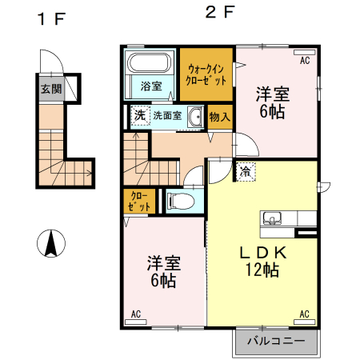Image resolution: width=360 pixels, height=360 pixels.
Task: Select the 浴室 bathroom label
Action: click(x=151, y=86)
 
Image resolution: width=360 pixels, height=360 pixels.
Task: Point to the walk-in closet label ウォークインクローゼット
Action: click(x=206, y=75)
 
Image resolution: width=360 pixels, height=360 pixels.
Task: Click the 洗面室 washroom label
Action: click(x=167, y=115)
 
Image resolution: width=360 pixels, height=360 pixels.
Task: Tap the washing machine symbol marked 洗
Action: click(x=139, y=115)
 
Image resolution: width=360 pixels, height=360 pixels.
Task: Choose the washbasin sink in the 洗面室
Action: click(x=194, y=115)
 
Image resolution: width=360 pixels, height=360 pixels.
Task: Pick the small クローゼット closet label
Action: click(x=138, y=201)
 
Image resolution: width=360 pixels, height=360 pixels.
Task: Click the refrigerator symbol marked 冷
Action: click(x=243, y=170)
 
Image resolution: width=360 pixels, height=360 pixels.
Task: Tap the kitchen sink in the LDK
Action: click(x=272, y=218)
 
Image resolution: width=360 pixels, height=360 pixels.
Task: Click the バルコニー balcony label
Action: click(x=275, y=342)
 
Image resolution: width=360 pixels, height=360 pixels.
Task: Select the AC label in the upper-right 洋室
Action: click(x=305, y=60)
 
